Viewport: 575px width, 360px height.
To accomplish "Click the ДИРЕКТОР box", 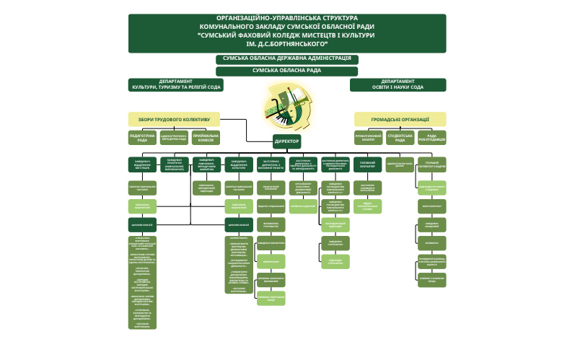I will [x=287, y=141].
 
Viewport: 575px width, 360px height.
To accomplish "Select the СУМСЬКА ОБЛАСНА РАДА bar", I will [x=287, y=71].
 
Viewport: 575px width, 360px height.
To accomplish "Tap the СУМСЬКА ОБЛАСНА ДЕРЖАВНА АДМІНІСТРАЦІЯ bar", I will [x=287, y=58].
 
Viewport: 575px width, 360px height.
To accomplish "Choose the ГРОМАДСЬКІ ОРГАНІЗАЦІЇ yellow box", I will [x=400, y=119].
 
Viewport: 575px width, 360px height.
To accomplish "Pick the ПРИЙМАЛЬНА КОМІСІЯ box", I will [x=206, y=137].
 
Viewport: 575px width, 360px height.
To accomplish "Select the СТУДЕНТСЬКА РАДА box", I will [x=400, y=137].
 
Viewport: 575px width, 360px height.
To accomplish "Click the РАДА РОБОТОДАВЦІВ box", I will [x=431, y=137].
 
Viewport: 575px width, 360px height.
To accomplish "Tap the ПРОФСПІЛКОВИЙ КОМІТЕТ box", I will [x=368, y=137].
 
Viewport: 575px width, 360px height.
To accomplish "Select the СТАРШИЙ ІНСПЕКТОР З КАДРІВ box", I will [x=431, y=164].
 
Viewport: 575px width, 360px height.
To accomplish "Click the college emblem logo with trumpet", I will [x=286, y=105].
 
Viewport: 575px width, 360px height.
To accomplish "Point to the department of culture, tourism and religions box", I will [x=176, y=84].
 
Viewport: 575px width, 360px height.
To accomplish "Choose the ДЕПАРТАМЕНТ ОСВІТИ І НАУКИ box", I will [x=398, y=84].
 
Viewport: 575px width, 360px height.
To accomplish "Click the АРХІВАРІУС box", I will [x=431, y=242].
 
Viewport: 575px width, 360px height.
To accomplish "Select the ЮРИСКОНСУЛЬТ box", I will [x=431, y=206].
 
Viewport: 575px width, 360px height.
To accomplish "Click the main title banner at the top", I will [x=287, y=33].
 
